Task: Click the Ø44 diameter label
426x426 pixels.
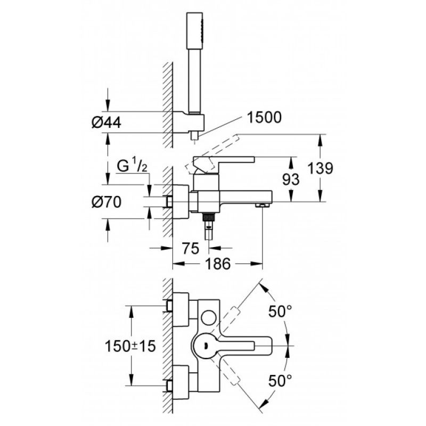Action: [x=106, y=123]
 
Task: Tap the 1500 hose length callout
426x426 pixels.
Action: [x=264, y=118]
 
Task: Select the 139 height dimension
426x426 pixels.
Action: [x=321, y=168]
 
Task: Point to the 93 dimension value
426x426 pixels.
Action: [x=291, y=179]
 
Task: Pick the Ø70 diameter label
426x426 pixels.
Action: [x=106, y=202]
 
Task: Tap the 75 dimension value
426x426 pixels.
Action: [x=191, y=248]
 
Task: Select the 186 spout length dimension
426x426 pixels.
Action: [x=218, y=264]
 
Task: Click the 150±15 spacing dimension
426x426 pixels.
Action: [x=130, y=346]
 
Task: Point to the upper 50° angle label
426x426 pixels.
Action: [x=280, y=311]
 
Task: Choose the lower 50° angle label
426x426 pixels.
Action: [x=280, y=380]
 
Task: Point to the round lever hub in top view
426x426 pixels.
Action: [x=206, y=346]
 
